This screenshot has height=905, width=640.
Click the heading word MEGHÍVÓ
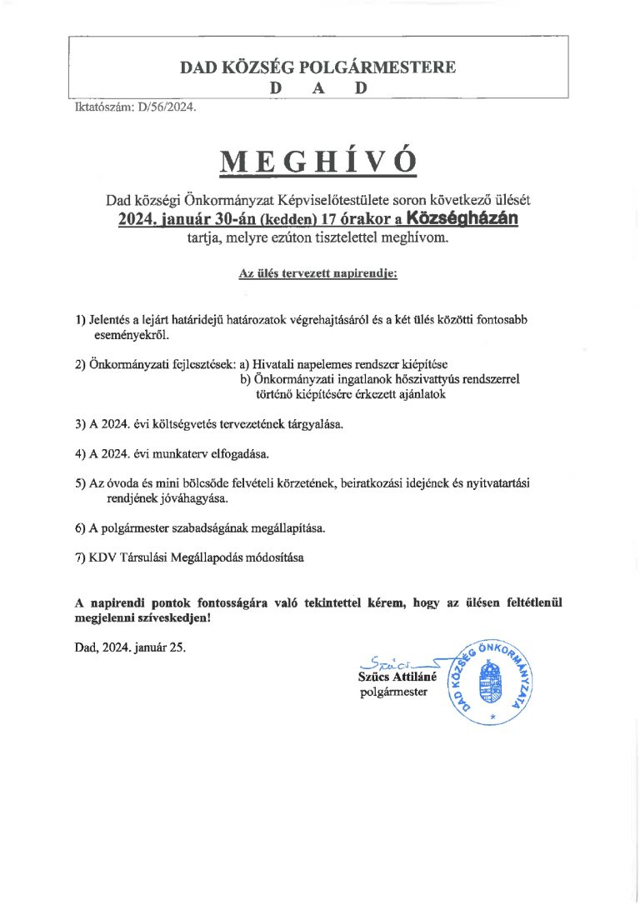coord(318,161)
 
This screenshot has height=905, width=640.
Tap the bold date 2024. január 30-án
coord(187,219)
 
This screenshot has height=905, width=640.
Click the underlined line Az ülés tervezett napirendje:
coord(318,273)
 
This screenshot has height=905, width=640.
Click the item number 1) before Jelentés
coord(80,320)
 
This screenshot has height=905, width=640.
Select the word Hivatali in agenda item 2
coord(275,365)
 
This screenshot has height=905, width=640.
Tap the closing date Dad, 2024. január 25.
coord(129,646)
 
